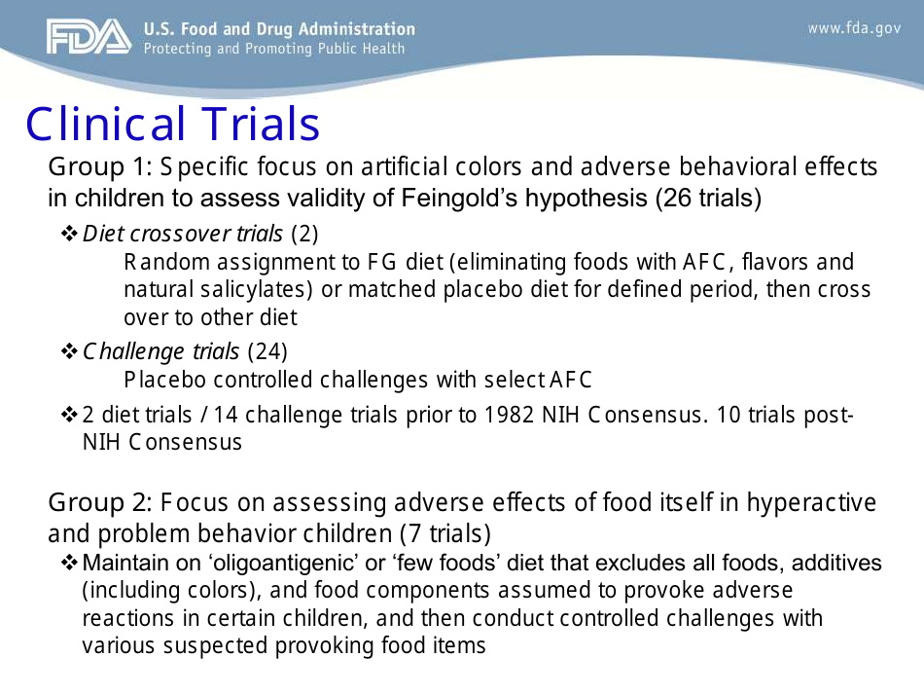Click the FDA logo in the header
88,37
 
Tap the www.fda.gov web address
854,28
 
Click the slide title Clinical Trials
172,125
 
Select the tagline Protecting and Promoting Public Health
274,49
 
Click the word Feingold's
462,198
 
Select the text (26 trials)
708,198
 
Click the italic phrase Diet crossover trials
183,234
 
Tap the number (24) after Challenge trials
267,350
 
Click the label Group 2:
99,503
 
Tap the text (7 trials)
445,533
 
